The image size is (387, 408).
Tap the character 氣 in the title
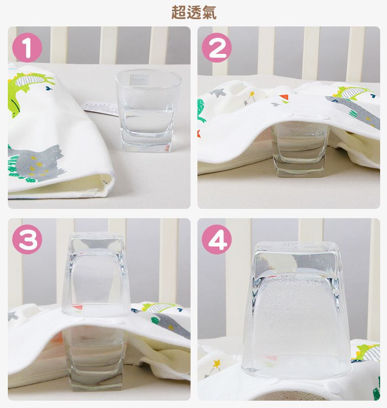click(209, 13)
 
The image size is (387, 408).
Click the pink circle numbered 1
click(27, 47)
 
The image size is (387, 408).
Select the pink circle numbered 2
click(217, 47)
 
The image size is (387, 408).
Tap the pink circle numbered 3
click(27, 239)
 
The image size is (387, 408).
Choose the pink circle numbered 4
click(217, 239)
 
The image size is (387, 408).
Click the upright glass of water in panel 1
click(147, 111)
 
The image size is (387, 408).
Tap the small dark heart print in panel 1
click(48, 88)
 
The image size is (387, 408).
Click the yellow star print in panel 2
click(252, 93)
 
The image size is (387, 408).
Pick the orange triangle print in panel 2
click(284, 97)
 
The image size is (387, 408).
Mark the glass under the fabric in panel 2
click(299, 149)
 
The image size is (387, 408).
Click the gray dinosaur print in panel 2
click(357, 111)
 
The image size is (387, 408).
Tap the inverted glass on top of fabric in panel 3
click(96, 274)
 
